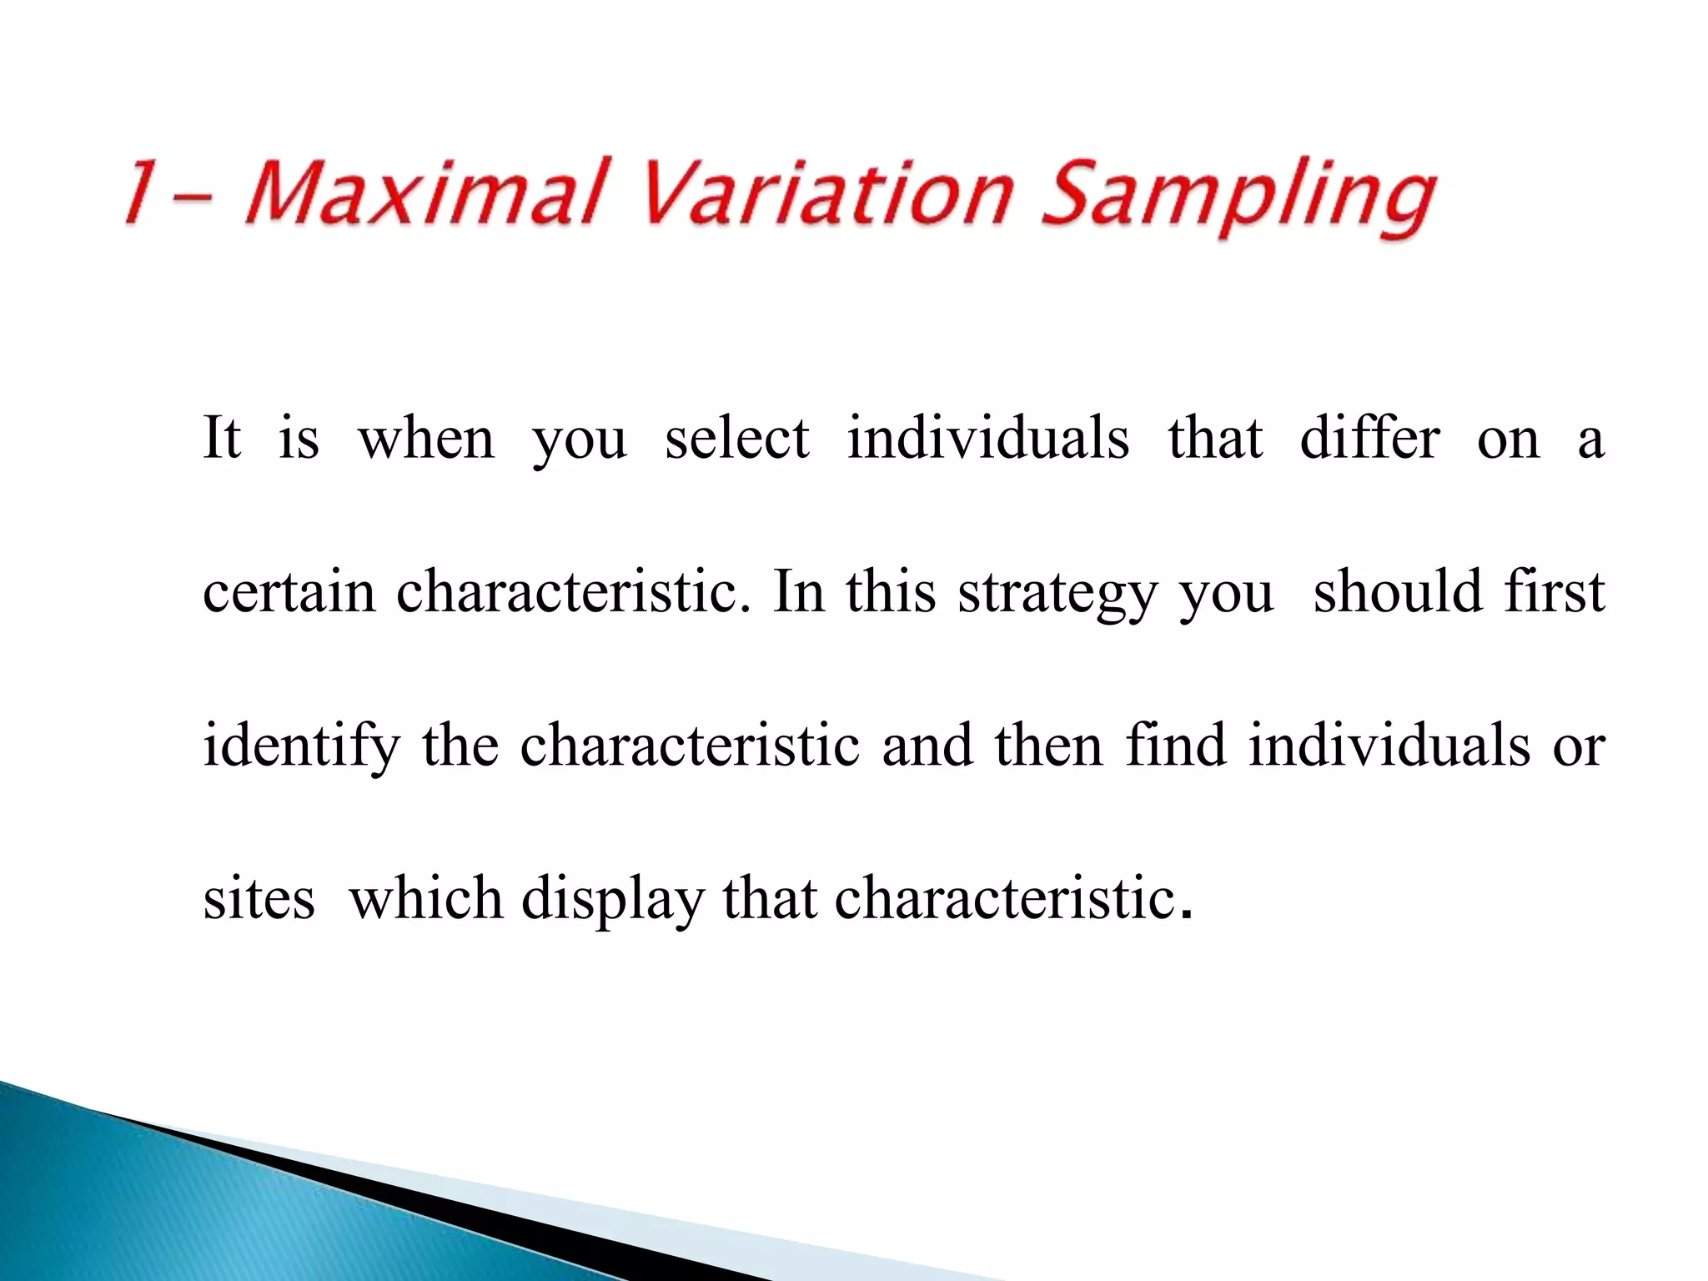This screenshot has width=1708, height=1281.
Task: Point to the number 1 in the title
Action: coord(142,192)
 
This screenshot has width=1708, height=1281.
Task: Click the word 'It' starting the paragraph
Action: coord(222,438)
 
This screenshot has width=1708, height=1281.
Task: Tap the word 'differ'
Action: coord(1369,438)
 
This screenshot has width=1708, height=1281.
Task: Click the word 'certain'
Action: coord(289,592)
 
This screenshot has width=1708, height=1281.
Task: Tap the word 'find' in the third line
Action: coord(1175,744)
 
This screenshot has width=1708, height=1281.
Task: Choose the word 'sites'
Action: coord(259,899)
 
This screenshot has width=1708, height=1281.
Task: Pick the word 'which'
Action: coord(426,899)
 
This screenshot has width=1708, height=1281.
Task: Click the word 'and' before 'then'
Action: coord(927,744)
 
